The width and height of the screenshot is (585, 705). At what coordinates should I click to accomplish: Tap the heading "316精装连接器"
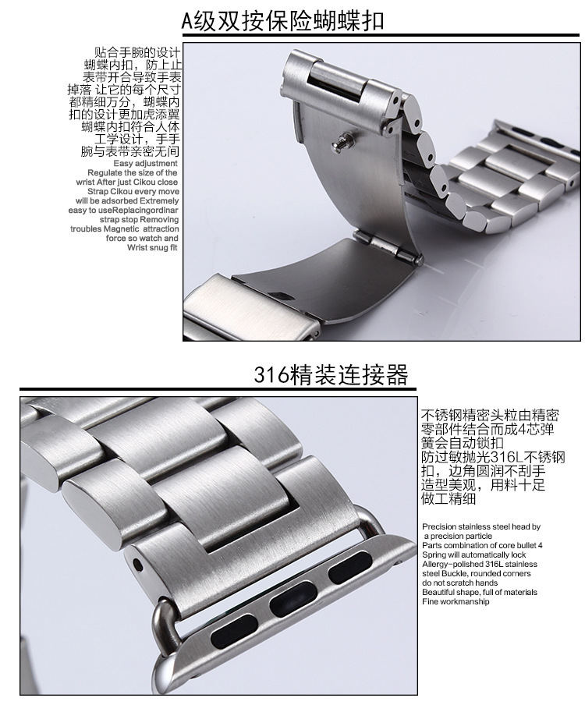(331, 374)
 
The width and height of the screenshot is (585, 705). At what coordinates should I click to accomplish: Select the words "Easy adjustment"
(145, 163)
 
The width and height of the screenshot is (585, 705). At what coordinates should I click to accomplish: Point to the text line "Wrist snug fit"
(152, 247)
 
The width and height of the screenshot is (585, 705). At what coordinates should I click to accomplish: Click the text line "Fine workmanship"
(456, 601)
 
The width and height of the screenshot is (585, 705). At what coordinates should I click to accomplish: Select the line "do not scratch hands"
(460, 583)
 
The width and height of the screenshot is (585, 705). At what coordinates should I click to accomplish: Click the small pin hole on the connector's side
(137, 562)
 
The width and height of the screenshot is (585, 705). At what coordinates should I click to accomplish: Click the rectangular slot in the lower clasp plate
(282, 296)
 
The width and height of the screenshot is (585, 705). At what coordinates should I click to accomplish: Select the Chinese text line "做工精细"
(448, 498)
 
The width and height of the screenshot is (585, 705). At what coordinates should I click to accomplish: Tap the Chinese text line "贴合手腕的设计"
(137, 52)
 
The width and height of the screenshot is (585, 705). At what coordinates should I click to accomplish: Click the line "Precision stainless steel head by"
(481, 526)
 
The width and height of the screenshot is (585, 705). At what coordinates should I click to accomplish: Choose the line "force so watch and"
(142, 238)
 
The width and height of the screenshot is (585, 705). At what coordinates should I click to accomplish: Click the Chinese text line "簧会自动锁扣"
(462, 443)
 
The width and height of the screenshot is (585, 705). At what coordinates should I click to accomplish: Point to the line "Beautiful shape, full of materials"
(480, 592)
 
